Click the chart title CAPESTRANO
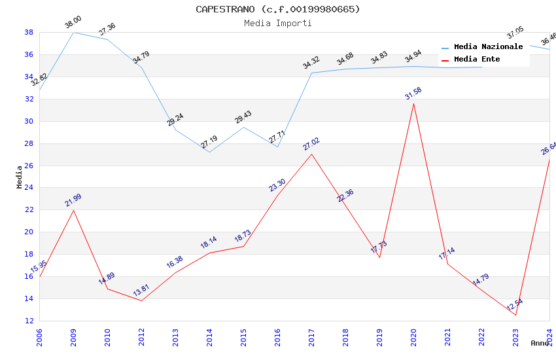pos(277,9)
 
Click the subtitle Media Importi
pos(277,23)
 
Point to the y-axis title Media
pos(20,177)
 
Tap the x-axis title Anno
pos(540,343)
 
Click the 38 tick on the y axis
pos(29,32)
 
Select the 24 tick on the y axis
pos(29,188)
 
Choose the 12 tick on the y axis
pos(29,321)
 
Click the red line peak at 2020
pos(413,103)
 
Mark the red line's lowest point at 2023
pos(515,315)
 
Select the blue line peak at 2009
pos(73,32)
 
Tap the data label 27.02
pos(311,143)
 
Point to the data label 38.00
pos(73,23)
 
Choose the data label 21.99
pos(73,200)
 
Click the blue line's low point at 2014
pos(209,152)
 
